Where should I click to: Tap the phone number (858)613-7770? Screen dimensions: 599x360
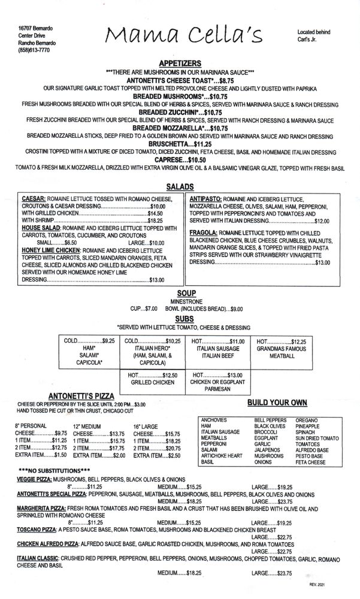click(34, 50)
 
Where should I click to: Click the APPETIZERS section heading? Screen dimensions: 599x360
click(180, 63)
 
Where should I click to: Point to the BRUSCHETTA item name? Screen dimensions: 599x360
click(165, 144)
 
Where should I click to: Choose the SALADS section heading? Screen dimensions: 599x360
click(180, 187)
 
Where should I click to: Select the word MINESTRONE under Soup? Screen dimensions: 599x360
click(180, 301)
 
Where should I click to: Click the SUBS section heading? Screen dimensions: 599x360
click(180, 319)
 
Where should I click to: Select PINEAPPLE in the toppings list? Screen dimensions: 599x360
click(309, 426)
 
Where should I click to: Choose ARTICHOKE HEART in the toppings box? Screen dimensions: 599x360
click(221, 456)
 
